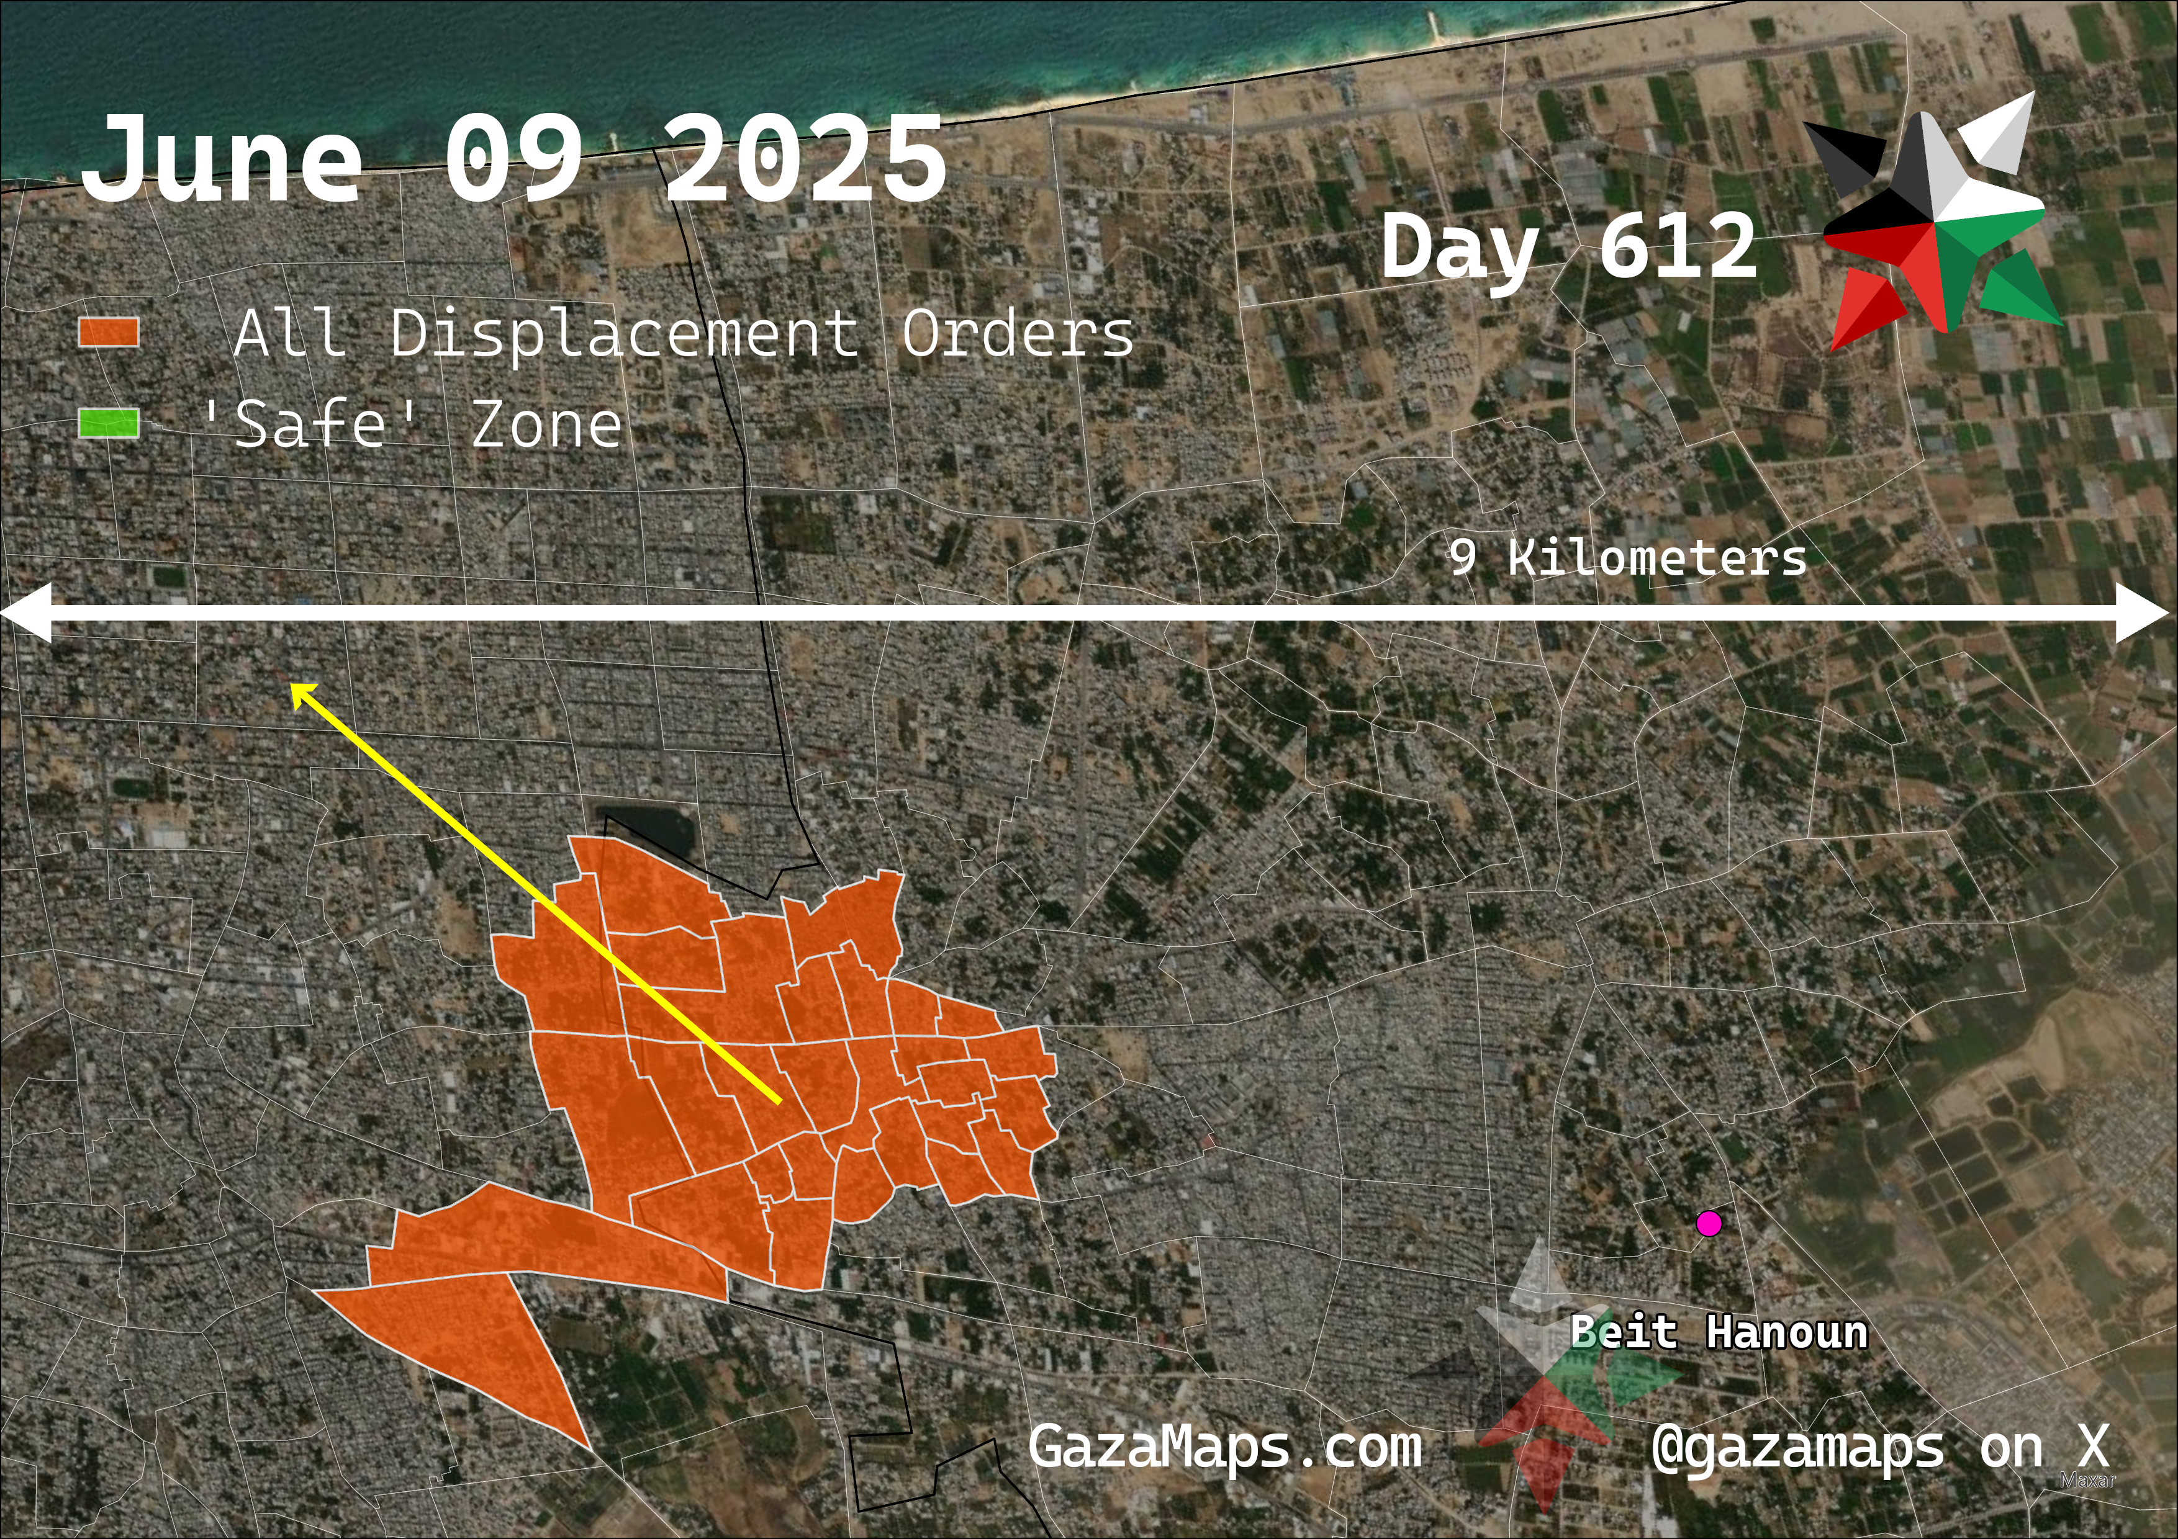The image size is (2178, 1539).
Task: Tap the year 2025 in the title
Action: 805,159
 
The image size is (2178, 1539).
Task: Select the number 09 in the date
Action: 513,159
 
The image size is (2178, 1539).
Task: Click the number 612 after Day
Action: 1676,246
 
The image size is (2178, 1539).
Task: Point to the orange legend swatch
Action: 108,333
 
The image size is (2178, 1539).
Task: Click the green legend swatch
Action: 108,424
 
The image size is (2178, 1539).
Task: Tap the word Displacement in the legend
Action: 624,334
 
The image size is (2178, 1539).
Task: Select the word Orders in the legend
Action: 1017,334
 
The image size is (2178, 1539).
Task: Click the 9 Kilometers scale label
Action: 1627,557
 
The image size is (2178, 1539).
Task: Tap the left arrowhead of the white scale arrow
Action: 27,614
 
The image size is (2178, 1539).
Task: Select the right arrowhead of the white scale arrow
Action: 2146,614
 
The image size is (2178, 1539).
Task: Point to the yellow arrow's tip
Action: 294,688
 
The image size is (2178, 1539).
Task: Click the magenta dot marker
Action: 1709,1223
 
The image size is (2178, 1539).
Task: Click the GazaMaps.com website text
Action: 1224,1448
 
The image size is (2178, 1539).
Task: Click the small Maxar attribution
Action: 2087,1480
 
